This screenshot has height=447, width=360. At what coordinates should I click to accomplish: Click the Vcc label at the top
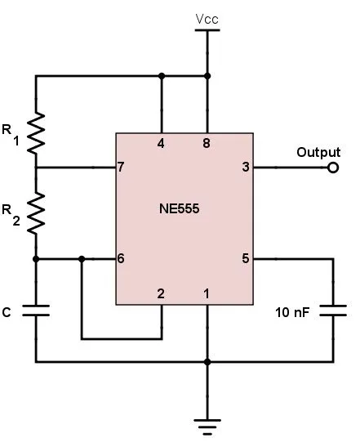point(207,17)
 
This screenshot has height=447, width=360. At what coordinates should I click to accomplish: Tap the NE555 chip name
point(180,209)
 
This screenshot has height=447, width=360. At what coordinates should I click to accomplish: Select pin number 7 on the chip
point(122,168)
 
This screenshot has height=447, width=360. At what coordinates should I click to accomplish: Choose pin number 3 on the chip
point(246,168)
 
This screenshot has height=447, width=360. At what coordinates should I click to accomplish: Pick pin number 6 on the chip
point(122,259)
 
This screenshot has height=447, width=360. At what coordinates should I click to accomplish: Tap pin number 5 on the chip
point(246,259)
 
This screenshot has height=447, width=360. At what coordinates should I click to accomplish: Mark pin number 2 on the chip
point(162,293)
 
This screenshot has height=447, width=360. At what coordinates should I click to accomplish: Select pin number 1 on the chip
point(207,293)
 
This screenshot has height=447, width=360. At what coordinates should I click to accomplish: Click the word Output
point(318,152)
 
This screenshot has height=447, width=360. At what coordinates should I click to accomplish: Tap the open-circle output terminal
point(333,168)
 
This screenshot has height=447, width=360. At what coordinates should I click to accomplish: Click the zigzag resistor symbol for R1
point(36,134)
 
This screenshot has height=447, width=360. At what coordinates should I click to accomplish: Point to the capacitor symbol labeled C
point(36,311)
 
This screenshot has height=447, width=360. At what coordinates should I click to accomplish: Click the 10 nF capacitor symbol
point(333,311)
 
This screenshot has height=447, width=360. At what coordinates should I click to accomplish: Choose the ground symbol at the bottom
point(207,423)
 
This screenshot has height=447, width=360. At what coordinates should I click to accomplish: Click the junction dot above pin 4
point(162,76)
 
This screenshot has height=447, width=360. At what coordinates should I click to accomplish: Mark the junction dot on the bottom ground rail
point(207,361)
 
